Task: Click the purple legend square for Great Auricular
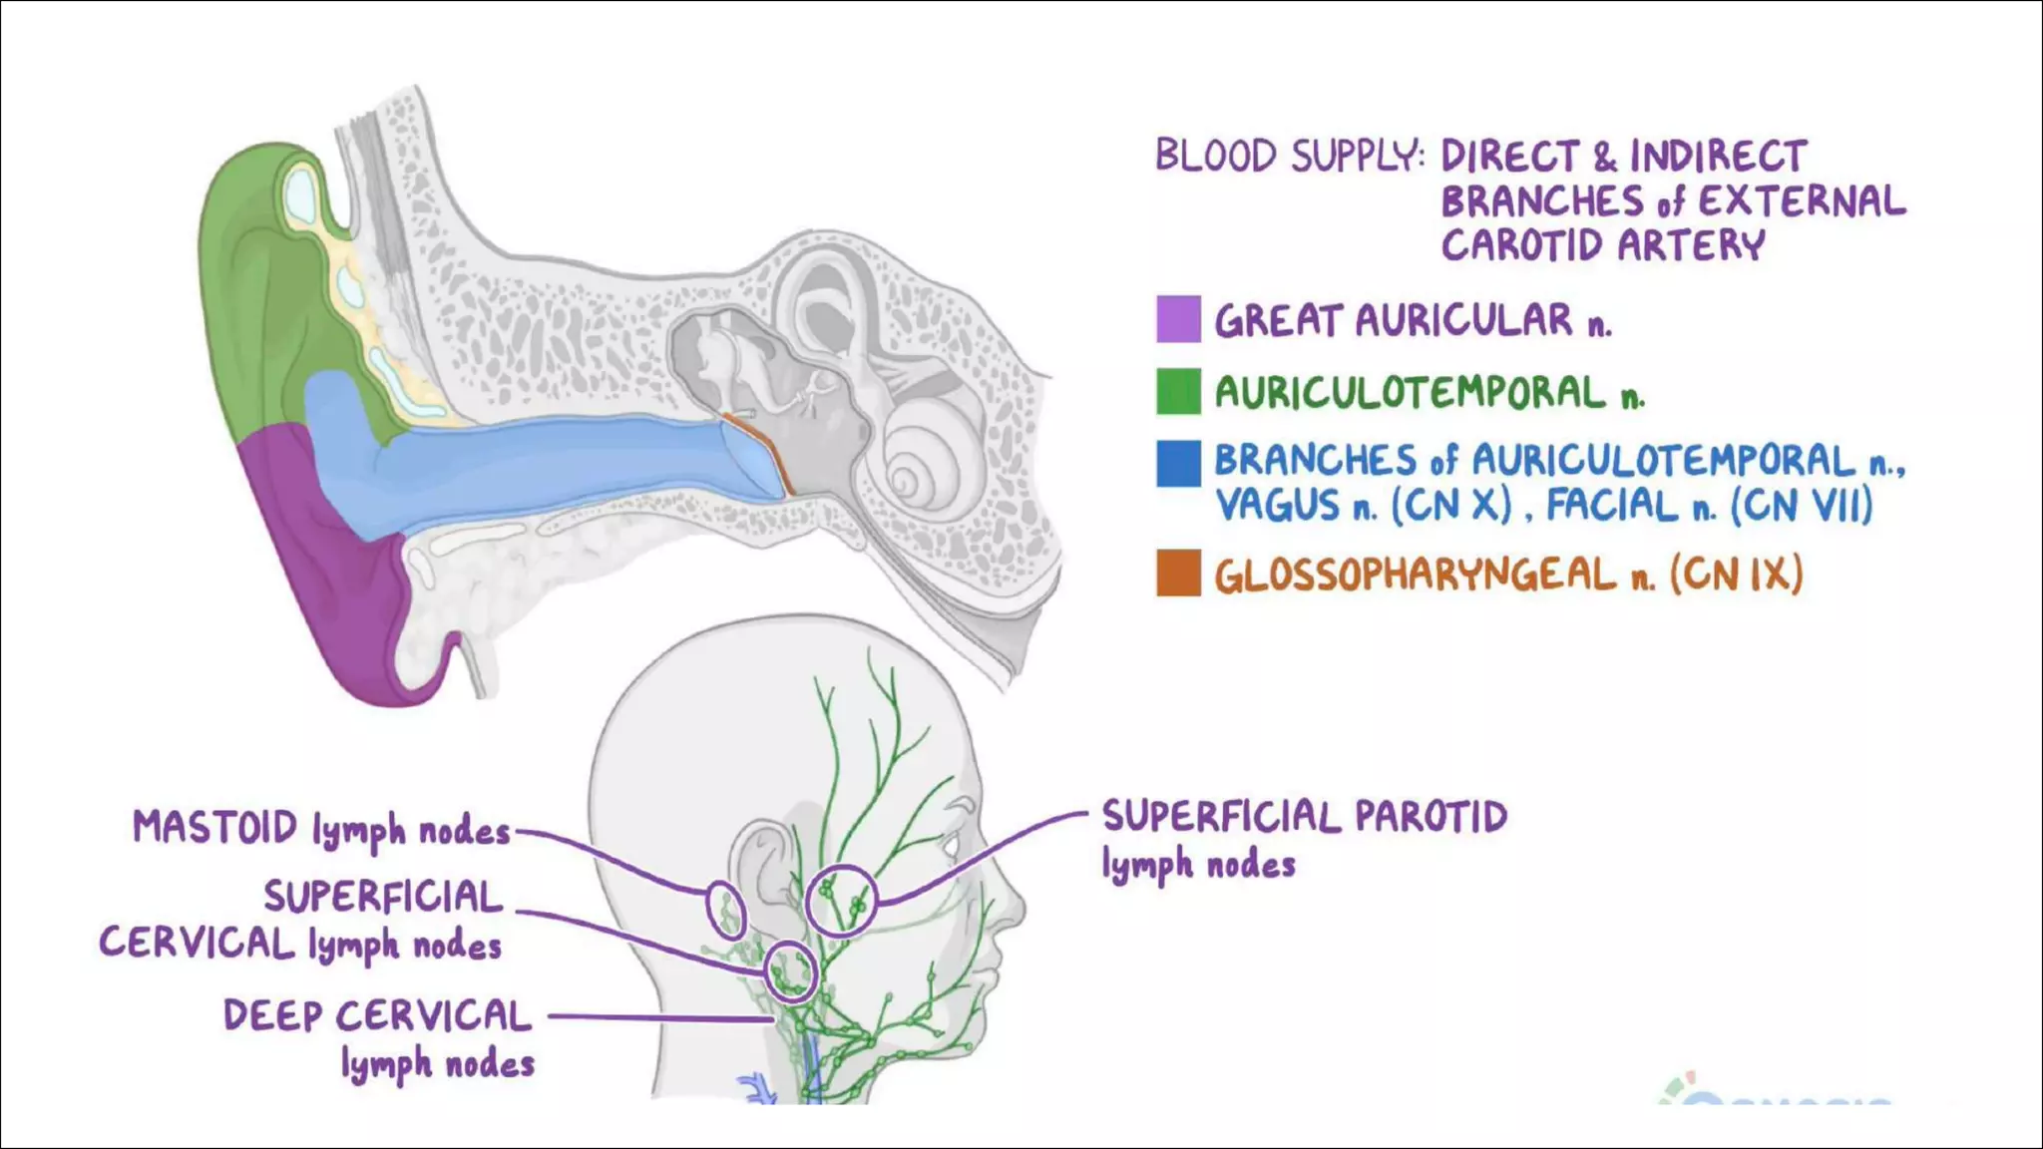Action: (1178, 319)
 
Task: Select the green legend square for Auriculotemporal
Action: (1178, 391)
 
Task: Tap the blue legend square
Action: (1178, 464)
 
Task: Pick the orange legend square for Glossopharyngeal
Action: (1178, 574)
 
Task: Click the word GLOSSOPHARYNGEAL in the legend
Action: (1415, 575)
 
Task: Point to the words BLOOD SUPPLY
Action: (1287, 157)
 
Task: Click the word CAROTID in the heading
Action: (1521, 245)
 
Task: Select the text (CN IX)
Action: (1736, 574)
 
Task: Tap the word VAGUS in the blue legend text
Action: (1277, 506)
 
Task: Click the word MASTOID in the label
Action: (215, 828)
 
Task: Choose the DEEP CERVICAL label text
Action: (377, 1016)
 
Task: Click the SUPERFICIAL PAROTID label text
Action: (1304, 817)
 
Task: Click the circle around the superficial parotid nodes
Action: (841, 900)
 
